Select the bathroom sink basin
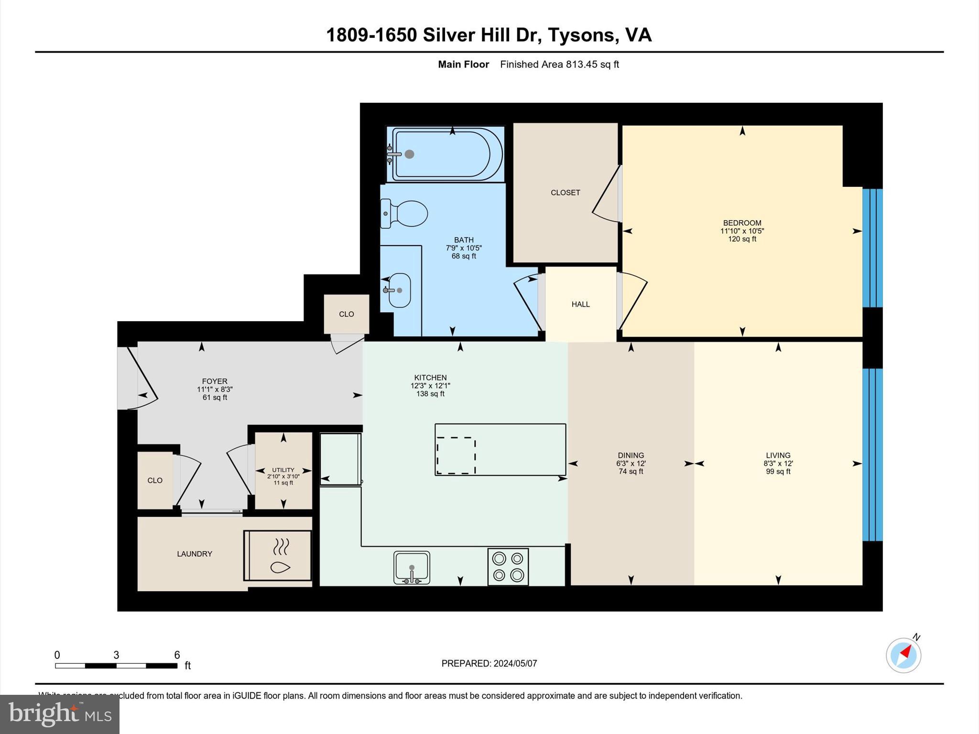(399, 290)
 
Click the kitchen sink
(412, 568)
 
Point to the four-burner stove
(508, 567)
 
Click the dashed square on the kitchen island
(456, 455)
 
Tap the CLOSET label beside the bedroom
(565, 193)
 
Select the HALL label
(580, 304)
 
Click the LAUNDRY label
(194, 554)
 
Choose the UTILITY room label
(283, 470)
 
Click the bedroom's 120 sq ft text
(742, 239)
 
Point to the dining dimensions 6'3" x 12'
(631, 464)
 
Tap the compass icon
(903, 655)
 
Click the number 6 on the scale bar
(177, 655)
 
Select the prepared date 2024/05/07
(515, 663)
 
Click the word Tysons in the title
(580, 35)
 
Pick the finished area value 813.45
(581, 65)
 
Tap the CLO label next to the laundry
(155, 481)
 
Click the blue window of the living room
(872, 454)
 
